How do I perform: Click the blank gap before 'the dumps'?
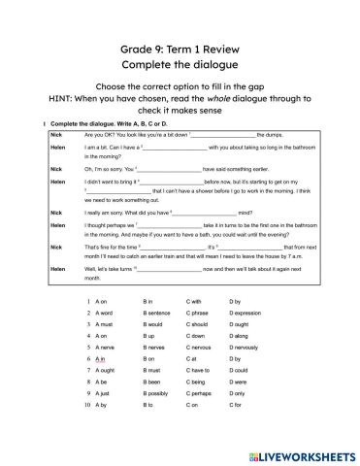pyautogui.click(x=226, y=135)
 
